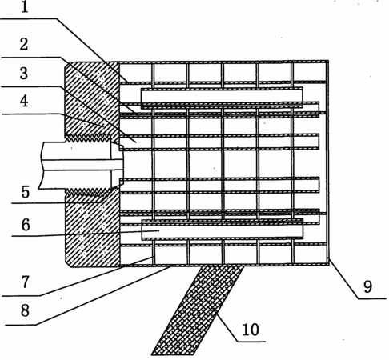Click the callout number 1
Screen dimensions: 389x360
click(x=25, y=7)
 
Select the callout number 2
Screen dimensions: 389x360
click(x=24, y=44)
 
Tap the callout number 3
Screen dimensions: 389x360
click(x=24, y=74)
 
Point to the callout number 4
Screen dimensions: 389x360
click(x=24, y=102)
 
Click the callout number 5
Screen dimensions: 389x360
click(x=26, y=192)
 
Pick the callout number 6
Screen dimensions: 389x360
click(x=26, y=225)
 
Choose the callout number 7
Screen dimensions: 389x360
click(x=25, y=282)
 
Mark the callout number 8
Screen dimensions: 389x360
click(x=25, y=310)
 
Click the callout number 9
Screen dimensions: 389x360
click(x=367, y=287)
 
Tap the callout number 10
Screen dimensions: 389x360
click(x=251, y=330)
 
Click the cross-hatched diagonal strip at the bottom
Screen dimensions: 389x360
click(x=198, y=310)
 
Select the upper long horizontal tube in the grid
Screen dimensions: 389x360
click(x=222, y=98)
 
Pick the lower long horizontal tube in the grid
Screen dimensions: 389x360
click(x=222, y=230)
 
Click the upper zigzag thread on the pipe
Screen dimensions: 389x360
click(x=87, y=138)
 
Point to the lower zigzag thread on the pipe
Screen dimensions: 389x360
click(x=87, y=192)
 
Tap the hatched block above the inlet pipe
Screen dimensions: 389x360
click(x=92, y=98)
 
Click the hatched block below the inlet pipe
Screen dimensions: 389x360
click(x=93, y=228)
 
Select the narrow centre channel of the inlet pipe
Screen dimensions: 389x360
click(x=82, y=165)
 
